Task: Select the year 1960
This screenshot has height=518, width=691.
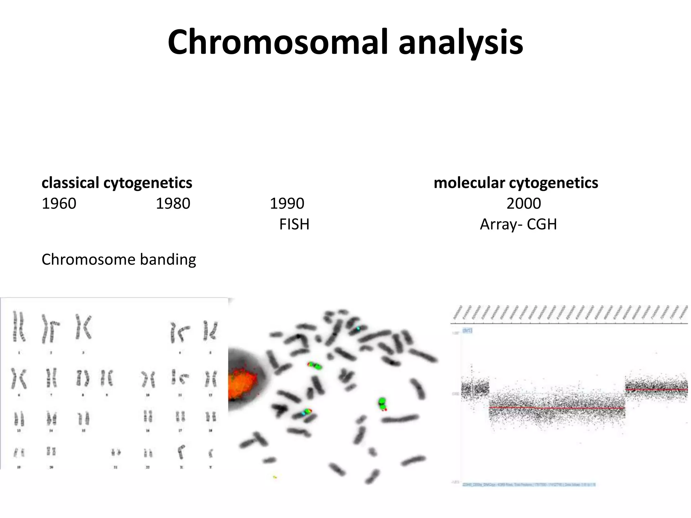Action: (x=59, y=204)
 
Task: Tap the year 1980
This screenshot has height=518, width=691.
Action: (x=173, y=204)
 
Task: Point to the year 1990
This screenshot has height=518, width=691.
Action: (x=287, y=204)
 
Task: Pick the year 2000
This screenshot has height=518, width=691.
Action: (x=524, y=204)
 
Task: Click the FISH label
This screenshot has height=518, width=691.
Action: (x=294, y=225)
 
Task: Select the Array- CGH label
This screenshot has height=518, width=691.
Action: (x=518, y=225)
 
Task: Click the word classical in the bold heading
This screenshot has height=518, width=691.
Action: (x=70, y=183)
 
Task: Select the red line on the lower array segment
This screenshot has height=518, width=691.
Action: (x=557, y=408)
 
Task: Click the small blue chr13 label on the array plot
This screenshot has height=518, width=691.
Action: (x=467, y=330)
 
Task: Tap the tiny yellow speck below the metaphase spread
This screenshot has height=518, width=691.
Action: (x=275, y=477)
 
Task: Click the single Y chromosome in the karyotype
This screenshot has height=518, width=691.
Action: (x=211, y=453)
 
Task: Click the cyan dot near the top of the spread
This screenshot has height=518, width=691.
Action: (x=358, y=328)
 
